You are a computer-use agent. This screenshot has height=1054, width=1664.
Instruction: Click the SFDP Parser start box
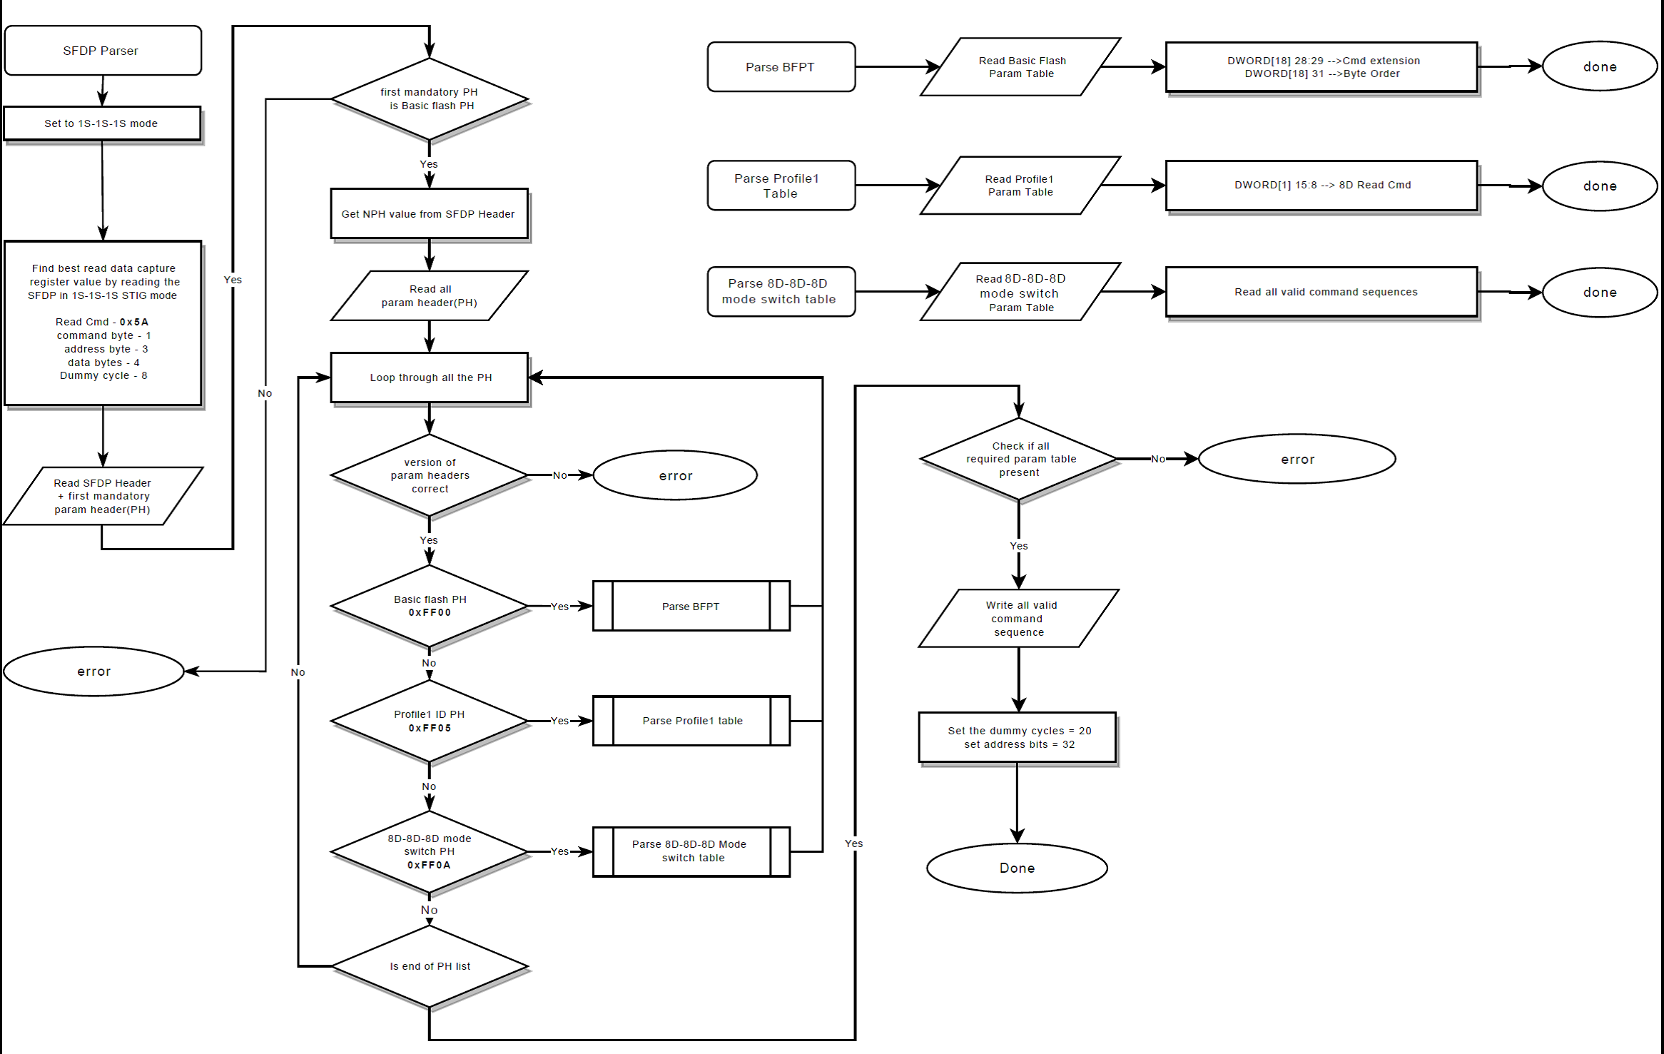pos(103,51)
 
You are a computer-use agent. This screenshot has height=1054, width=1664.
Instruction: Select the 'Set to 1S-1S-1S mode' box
pos(102,123)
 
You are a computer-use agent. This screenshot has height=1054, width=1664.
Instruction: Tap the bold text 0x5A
pos(134,322)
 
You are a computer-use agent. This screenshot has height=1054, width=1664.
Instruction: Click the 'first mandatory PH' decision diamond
pos(429,99)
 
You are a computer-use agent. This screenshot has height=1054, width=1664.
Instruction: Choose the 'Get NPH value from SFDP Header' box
pos(429,214)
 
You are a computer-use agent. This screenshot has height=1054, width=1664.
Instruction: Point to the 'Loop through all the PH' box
pos(429,377)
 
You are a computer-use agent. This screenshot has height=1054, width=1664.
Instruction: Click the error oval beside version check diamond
pos(675,475)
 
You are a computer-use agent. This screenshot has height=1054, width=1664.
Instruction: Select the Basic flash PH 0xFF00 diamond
pos(429,606)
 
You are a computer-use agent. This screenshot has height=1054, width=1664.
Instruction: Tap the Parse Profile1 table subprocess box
pos(691,721)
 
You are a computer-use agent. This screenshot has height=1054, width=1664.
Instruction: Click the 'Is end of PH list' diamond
pos(429,966)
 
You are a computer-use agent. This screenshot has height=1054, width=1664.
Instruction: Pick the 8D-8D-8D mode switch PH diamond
pos(429,851)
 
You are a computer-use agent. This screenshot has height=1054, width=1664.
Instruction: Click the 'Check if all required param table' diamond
pos(1019,459)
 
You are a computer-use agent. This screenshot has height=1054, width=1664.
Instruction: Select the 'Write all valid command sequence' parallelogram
pos(1019,619)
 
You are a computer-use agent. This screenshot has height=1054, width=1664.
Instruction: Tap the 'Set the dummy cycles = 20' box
pos(1018,737)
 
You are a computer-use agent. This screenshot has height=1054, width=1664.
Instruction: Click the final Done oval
pos(1017,868)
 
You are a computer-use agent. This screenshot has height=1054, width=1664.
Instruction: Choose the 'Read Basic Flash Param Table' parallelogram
pos(1020,67)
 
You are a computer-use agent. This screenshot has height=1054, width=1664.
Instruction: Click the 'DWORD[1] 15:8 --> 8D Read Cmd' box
pos(1321,186)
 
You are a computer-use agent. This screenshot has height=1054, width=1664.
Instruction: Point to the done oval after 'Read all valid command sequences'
pos(1599,293)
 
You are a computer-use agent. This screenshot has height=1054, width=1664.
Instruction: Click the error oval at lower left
pos(93,672)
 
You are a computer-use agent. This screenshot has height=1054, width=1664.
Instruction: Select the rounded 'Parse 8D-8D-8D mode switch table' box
pos(781,291)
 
